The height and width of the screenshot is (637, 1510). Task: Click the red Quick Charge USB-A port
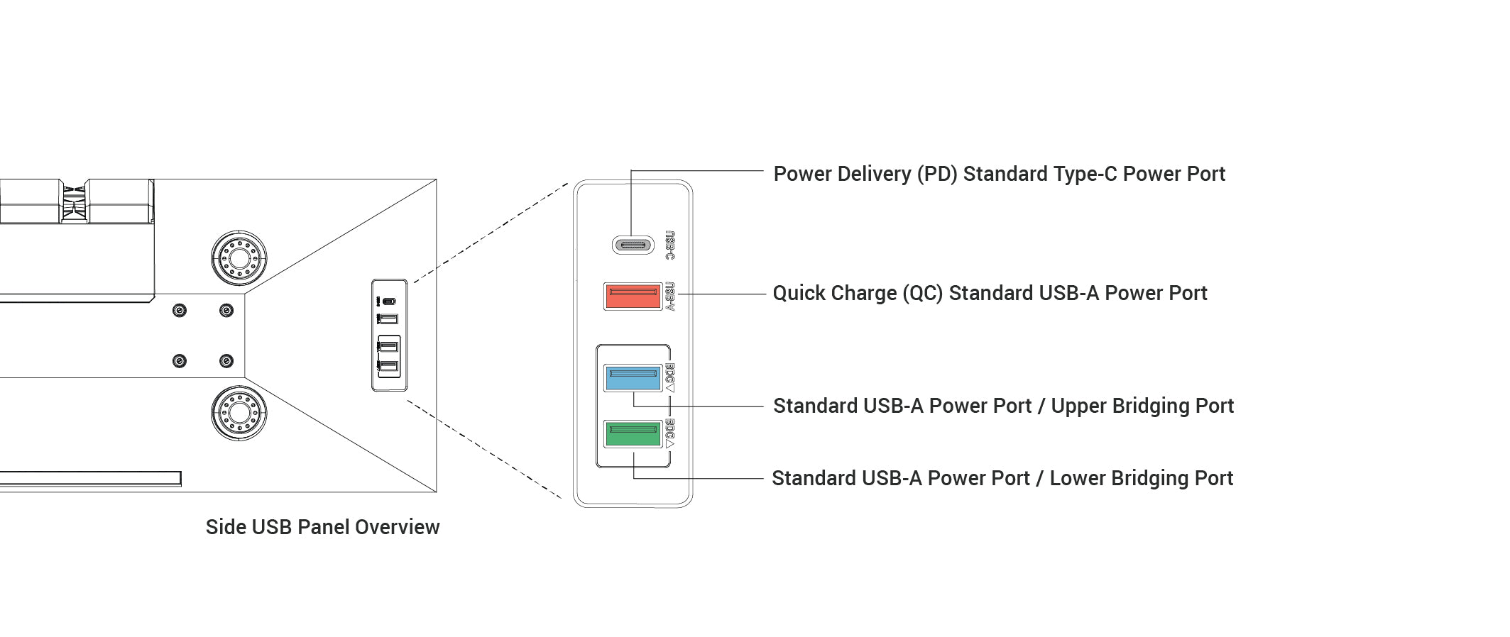[x=633, y=296]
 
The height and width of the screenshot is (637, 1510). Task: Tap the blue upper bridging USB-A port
[x=633, y=377]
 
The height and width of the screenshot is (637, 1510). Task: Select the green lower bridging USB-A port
[x=633, y=433]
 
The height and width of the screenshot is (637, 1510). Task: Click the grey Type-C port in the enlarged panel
[x=633, y=245]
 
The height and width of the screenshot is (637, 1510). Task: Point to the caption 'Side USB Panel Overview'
[x=322, y=527]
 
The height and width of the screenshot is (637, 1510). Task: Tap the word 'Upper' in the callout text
[x=1078, y=406]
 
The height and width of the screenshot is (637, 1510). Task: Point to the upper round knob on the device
[x=239, y=257]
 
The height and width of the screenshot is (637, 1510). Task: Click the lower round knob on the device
[x=239, y=413]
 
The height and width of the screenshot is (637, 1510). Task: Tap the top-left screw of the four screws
[x=180, y=311]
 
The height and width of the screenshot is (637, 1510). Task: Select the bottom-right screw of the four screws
[x=226, y=361]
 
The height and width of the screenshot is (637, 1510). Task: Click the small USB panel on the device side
[x=389, y=335]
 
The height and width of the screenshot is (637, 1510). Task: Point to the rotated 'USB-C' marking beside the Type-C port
[x=669, y=245]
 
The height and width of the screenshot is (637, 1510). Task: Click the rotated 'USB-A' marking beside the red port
[x=669, y=296]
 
